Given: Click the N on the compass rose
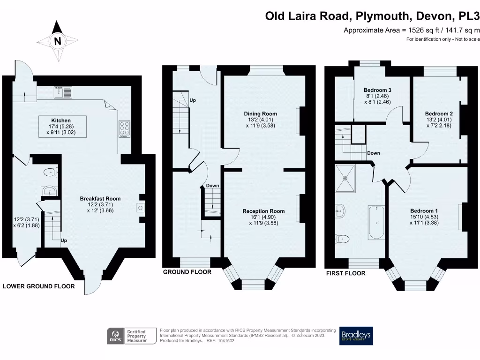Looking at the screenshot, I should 58,41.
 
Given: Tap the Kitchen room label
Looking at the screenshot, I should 61,120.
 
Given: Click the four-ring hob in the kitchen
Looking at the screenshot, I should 125,129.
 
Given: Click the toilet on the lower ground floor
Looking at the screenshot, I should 49,172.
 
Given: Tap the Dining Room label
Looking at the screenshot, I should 260,113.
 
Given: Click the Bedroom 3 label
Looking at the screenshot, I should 377,90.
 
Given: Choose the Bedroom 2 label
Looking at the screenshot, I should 439,113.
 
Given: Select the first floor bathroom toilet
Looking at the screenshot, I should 344,239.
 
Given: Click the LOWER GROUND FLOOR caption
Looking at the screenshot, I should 39,286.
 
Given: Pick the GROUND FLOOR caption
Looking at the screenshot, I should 187,272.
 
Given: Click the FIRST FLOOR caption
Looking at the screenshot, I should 345,273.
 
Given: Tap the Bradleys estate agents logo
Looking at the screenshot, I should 356,336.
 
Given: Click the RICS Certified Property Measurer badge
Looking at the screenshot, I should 127,336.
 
